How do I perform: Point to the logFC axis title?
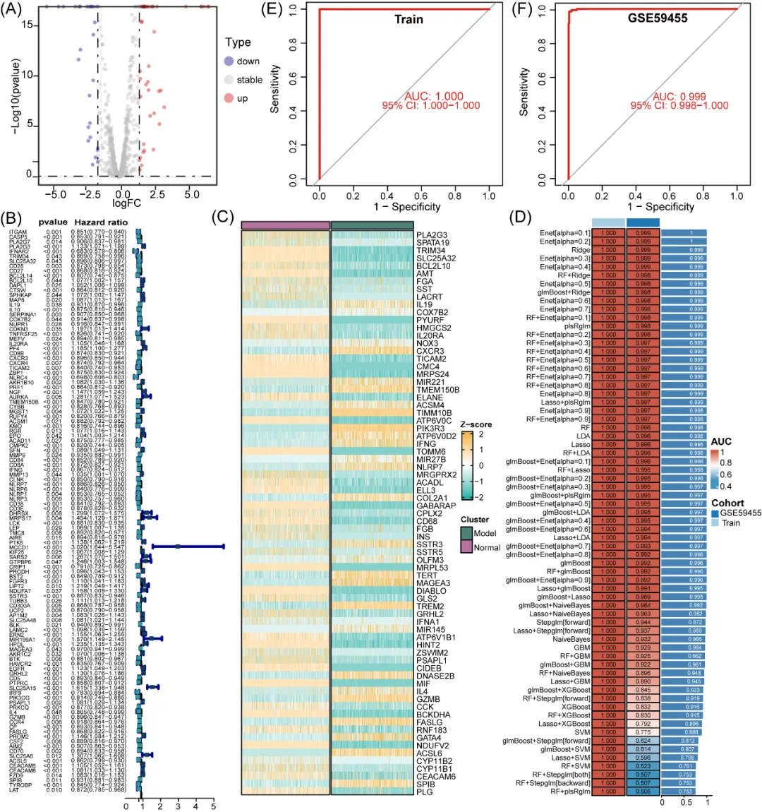click(x=127, y=204)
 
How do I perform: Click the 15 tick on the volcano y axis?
click(x=27, y=25)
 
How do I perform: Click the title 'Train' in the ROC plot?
click(x=409, y=19)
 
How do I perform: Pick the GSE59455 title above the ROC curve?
click(x=657, y=18)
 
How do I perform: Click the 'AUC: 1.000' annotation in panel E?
click(x=434, y=96)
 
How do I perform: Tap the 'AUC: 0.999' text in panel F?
click(x=679, y=96)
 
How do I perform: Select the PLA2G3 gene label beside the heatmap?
click(x=432, y=235)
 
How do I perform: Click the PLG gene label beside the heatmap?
click(x=425, y=792)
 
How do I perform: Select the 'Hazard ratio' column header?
click(x=101, y=222)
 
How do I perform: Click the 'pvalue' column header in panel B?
click(x=53, y=222)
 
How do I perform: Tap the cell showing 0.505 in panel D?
click(x=643, y=792)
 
